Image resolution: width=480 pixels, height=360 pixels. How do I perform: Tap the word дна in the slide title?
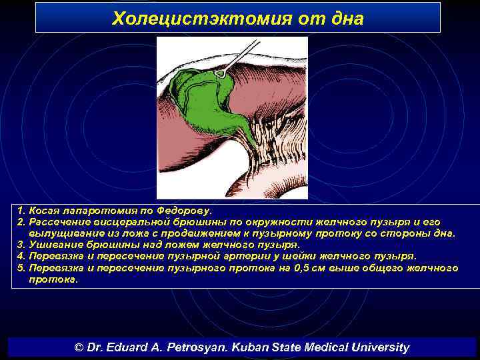point(345,18)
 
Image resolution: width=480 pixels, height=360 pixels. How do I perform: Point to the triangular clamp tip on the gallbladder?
point(219,73)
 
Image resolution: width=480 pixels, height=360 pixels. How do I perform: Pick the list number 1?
point(20,210)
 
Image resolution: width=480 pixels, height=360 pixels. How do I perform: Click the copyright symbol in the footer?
point(79,347)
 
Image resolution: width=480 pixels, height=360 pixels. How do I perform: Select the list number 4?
point(20,256)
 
